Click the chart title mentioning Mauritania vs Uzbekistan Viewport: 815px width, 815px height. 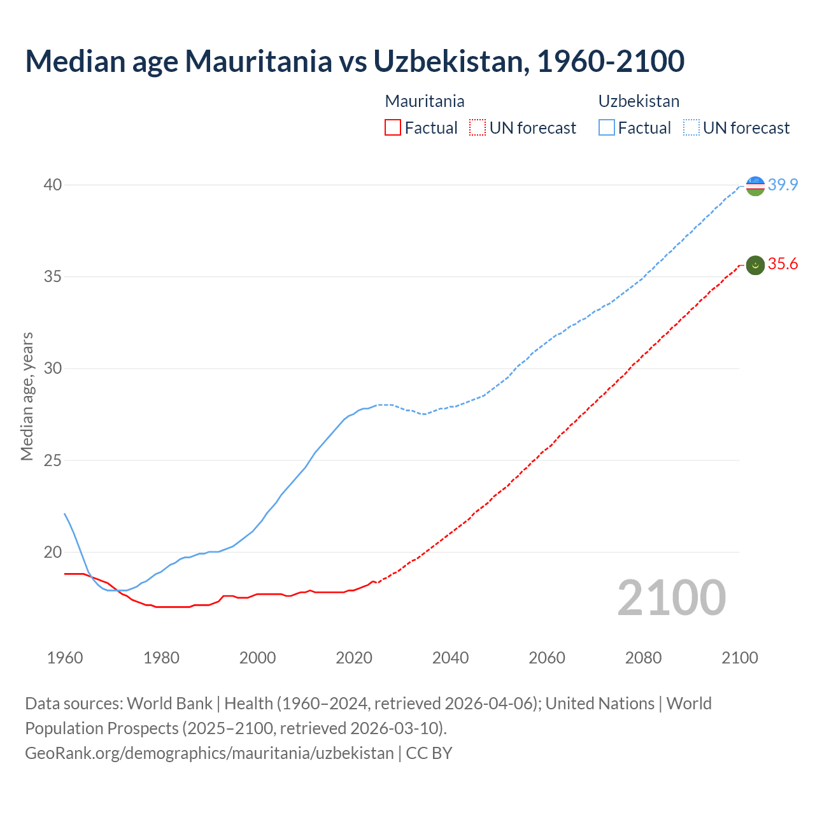[355, 61]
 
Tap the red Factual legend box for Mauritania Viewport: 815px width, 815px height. [393, 128]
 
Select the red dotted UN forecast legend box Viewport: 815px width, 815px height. [478, 128]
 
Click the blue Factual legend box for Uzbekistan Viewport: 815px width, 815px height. [607, 128]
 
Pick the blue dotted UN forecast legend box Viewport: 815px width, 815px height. [691, 128]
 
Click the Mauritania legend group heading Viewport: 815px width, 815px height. [425, 101]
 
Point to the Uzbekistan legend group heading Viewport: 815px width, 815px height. [639, 101]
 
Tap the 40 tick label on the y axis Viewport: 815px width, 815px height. [52, 185]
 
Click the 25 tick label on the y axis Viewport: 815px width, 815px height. [52, 460]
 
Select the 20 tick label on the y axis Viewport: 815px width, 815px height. [52, 552]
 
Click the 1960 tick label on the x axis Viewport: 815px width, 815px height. [65, 658]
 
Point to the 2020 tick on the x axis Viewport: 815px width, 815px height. [354, 658]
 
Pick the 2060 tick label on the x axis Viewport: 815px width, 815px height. [547, 658]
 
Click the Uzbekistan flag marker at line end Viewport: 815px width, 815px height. [755, 186]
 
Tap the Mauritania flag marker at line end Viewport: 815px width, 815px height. [755, 265]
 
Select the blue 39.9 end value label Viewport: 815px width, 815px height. [783, 185]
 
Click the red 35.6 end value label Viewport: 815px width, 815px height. [783, 264]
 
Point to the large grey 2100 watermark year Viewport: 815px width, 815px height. [671, 598]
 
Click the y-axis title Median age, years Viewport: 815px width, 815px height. [27, 396]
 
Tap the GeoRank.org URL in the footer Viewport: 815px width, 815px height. [209, 753]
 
